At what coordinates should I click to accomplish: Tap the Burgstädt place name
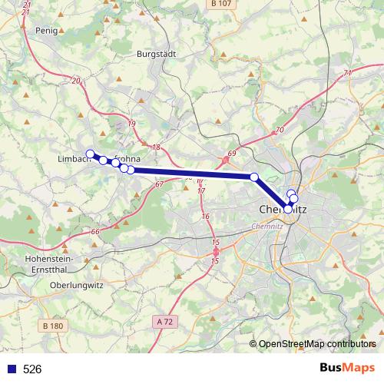tap(154, 55)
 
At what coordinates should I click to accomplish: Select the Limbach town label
tap(74, 159)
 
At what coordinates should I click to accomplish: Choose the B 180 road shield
tap(53, 326)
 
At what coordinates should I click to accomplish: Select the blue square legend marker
tap(11, 369)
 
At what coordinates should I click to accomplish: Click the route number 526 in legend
tap(32, 369)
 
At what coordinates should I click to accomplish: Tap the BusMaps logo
tap(347, 368)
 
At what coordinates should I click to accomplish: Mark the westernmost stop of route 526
tap(90, 154)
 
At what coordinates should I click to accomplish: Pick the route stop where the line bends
tap(254, 177)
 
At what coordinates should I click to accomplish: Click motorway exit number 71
tap(348, 73)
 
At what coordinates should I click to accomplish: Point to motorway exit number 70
tap(279, 130)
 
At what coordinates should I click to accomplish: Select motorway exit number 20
tap(75, 80)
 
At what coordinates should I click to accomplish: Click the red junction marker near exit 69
tap(227, 161)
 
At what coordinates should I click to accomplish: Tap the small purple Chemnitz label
tap(266, 226)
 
